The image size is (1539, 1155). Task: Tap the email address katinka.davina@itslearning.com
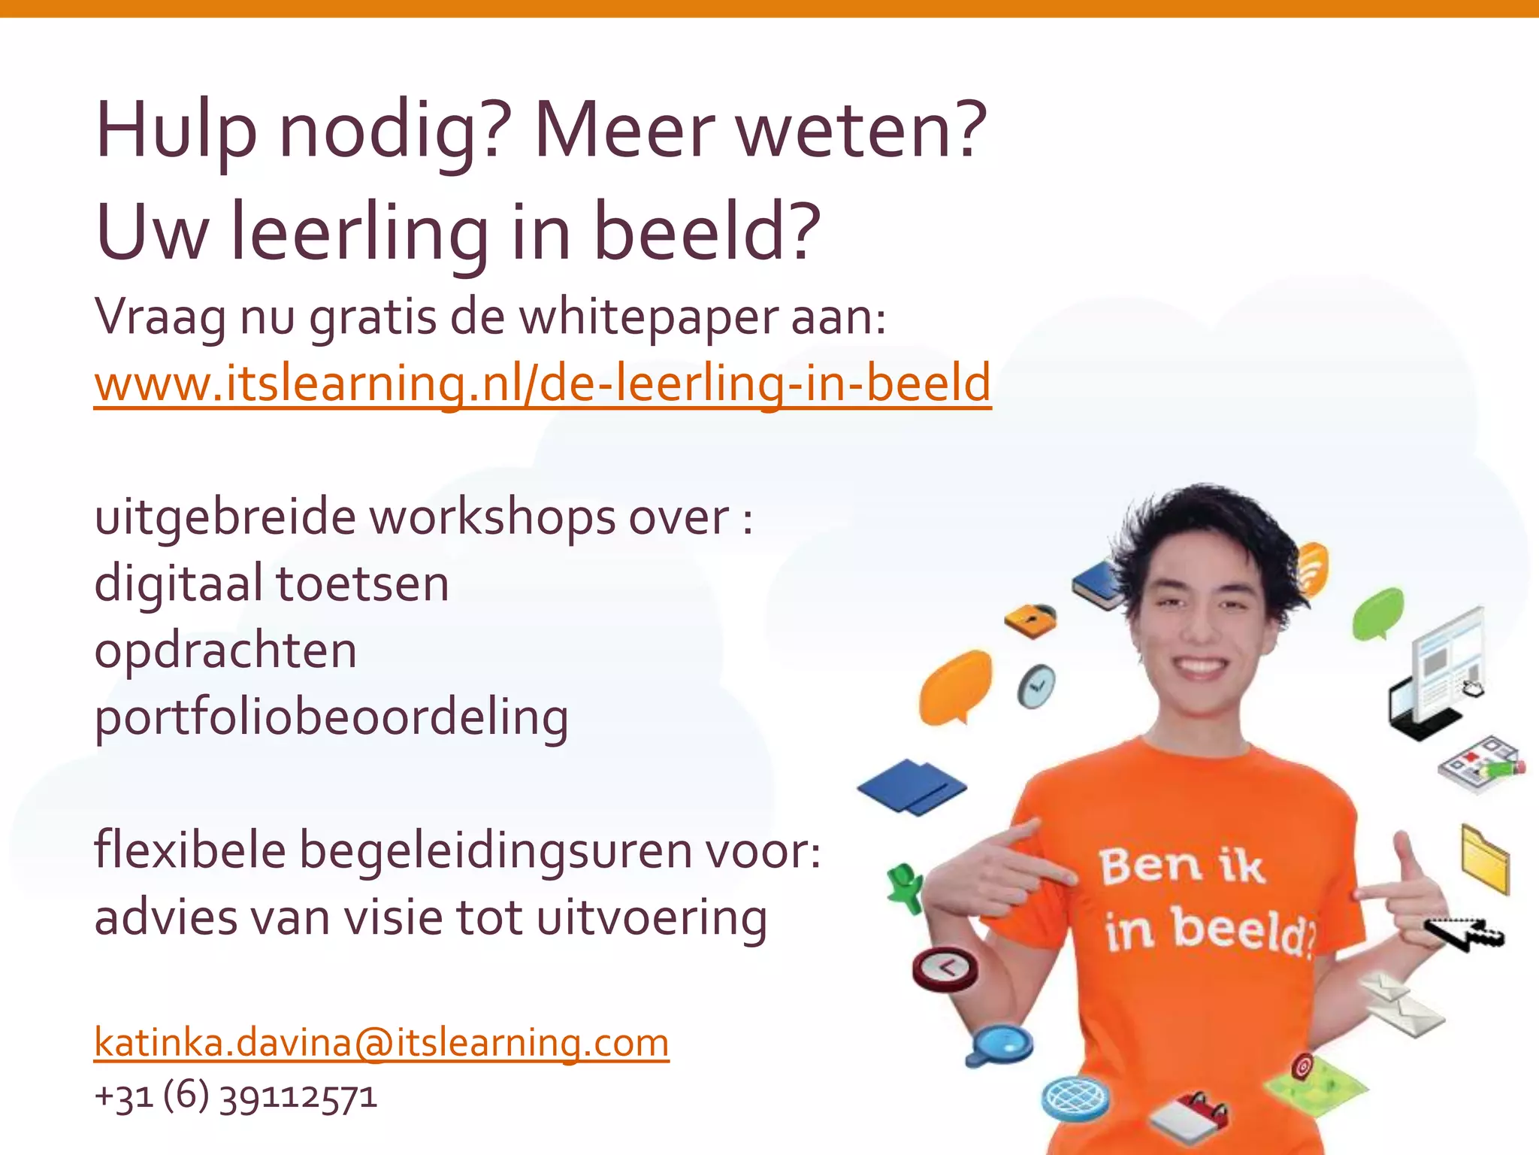pos(381,1043)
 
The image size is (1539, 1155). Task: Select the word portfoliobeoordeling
pos(331,717)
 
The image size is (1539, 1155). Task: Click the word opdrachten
pos(225,650)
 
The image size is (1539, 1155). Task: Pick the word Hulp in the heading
pos(177,132)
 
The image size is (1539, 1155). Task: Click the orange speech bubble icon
pos(955,687)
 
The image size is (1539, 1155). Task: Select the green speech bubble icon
pos(1377,612)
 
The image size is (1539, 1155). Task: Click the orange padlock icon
pos(1031,620)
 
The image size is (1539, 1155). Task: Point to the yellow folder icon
pos(1485,858)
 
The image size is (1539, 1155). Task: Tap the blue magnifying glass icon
pos(1000,1044)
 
